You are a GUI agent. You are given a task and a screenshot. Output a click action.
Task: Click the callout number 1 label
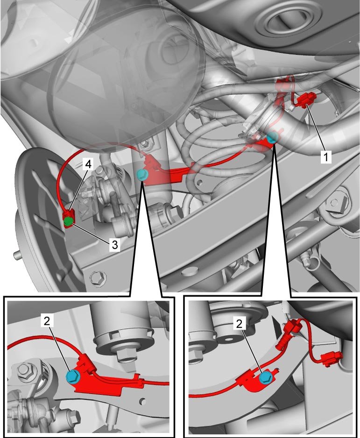[x=325, y=157]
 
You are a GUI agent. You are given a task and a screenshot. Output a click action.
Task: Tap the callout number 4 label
[x=88, y=164]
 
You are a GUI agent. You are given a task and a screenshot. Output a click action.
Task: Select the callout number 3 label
[x=115, y=245]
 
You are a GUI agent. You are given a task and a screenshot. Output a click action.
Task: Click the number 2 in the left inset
[x=47, y=321]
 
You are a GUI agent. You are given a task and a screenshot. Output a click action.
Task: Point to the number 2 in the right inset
[x=239, y=324]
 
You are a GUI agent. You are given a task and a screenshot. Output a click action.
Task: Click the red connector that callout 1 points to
[x=307, y=100]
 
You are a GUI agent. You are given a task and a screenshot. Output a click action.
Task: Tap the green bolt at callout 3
[x=68, y=222]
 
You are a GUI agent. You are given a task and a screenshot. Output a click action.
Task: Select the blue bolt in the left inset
[x=73, y=377]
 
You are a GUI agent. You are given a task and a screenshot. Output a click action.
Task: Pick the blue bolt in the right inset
[x=265, y=377]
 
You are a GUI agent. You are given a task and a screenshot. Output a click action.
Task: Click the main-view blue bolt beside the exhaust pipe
[x=272, y=138]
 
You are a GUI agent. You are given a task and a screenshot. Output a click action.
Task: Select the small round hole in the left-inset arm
[x=142, y=402]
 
